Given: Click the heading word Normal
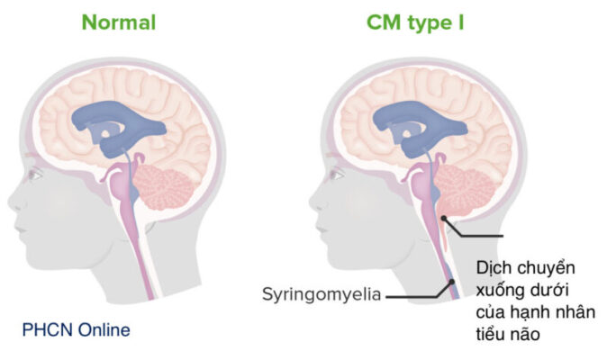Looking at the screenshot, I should coord(119,22).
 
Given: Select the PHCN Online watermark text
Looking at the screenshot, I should coord(76,330).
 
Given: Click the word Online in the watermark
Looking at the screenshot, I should coord(101,330).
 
